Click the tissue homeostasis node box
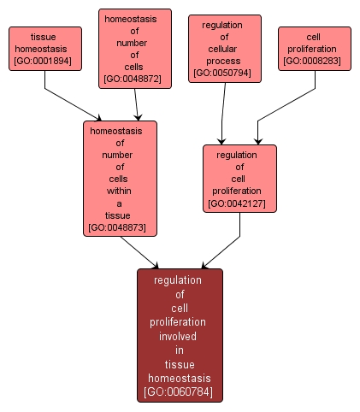pos(45,48)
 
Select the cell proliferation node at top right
pos(314,48)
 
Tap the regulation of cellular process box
pos(224,49)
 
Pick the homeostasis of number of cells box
pos(135,48)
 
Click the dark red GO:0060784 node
pos(180,335)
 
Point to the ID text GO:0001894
pos(45,61)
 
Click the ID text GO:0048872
pos(135,79)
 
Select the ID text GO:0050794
pos(224,74)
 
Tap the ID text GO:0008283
pos(314,61)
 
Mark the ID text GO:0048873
pos(119,228)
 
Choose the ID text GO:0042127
pos(239,203)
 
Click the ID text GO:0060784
pos(180,392)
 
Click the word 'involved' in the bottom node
pos(180,336)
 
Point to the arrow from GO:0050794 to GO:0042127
pos(223,111)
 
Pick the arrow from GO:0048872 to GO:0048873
pos(136,103)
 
